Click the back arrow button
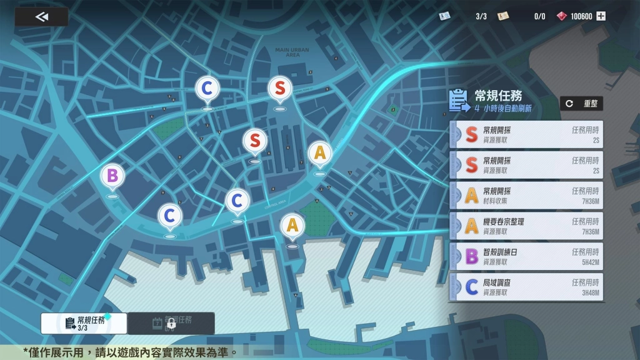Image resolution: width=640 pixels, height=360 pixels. click(42, 17)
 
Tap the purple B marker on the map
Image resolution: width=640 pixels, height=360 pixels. click(112, 176)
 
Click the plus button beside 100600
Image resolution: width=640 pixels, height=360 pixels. click(601, 16)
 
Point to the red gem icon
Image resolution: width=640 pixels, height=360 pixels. click(562, 16)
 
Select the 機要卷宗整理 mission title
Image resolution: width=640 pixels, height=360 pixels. click(504, 222)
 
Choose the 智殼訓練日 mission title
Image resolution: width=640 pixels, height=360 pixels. click(500, 252)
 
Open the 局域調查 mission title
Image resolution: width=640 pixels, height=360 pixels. click(497, 282)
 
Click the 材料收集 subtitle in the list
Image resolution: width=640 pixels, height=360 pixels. click(495, 201)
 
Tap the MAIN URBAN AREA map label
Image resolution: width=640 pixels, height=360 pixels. click(292, 52)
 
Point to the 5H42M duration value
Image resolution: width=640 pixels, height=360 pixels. click(590, 262)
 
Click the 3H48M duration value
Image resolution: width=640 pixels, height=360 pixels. click(590, 292)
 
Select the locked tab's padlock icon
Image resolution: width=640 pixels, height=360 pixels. click(170, 324)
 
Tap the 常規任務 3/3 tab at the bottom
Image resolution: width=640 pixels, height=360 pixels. click(84, 323)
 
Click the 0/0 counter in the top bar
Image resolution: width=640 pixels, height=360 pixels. click(539, 16)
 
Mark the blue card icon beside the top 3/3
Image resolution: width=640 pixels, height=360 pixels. click(444, 16)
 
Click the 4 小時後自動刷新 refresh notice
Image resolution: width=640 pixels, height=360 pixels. click(502, 108)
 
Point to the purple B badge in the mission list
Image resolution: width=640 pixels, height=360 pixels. click(472, 256)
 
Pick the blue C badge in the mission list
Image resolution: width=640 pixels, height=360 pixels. click(472, 287)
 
